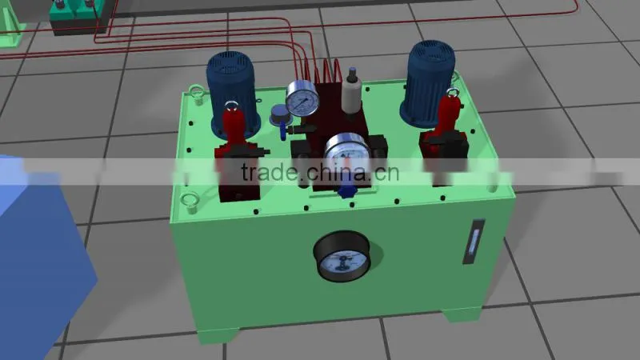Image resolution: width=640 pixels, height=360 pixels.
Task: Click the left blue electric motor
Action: [x=233, y=94]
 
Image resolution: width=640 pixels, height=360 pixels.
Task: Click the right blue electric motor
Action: [x=428, y=82]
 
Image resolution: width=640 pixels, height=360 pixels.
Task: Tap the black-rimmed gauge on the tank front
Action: [x=342, y=256]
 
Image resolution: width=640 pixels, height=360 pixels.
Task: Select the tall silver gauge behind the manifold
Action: [x=302, y=99]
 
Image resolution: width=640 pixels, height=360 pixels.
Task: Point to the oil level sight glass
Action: [x=473, y=242]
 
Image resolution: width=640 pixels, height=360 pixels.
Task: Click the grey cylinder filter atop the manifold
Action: [x=351, y=92]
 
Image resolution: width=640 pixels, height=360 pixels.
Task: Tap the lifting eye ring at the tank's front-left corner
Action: [x=190, y=203]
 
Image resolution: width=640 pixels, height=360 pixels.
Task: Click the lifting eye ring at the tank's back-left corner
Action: [x=197, y=94]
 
